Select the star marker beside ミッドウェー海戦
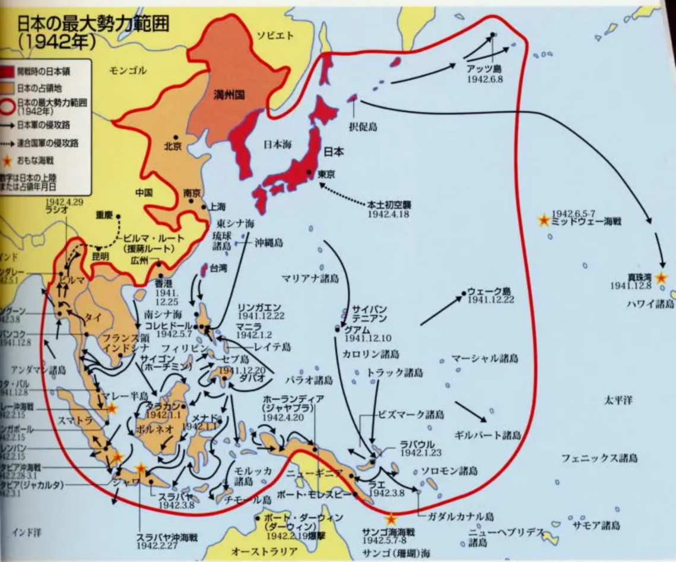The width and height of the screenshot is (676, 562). (x=542, y=220)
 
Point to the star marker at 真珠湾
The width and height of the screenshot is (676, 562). (x=662, y=277)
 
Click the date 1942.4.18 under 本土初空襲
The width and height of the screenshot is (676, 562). (x=389, y=213)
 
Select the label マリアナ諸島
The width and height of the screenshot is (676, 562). (x=309, y=278)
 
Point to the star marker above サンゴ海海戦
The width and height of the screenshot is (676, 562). (x=391, y=518)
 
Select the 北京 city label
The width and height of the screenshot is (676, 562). (x=173, y=146)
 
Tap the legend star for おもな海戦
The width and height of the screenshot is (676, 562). (x=8, y=159)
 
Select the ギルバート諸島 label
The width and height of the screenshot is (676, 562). (x=487, y=435)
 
